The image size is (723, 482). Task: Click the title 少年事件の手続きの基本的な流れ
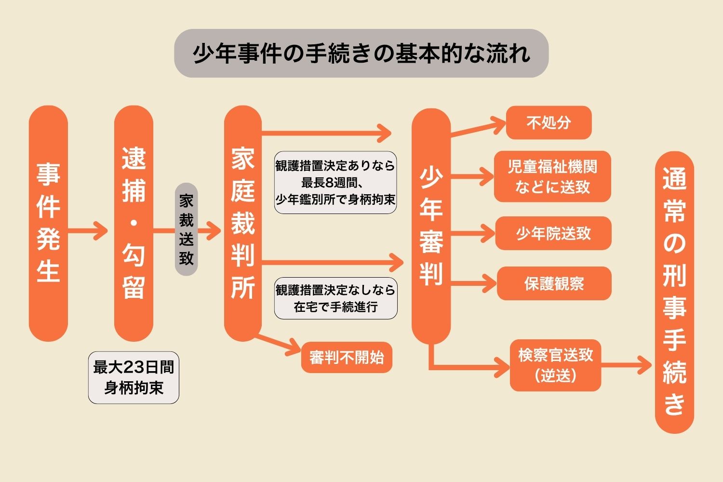[x=361, y=54]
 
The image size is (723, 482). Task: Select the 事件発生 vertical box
[x=48, y=223]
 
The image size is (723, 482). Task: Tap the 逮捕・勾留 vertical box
[x=134, y=223]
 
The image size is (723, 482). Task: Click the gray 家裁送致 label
[x=187, y=229]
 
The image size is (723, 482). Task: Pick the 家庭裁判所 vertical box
[x=243, y=223]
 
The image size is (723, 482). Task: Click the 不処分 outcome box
[x=549, y=123]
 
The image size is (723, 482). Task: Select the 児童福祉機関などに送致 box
[x=552, y=176]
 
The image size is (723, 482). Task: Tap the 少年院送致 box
[x=553, y=233]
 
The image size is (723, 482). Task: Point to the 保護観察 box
[x=554, y=283]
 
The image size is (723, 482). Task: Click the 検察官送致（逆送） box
[x=555, y=365]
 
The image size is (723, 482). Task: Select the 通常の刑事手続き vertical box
[x=674, y=292]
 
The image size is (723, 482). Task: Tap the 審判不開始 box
[x=347, y=357]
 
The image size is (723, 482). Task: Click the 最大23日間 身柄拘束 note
[x=134, y=377]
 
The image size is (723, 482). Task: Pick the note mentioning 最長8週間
[x=335, y=182]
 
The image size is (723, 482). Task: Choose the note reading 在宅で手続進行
[x=336, y=298]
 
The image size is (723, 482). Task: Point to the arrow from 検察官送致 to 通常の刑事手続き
[x=627, y=365]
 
